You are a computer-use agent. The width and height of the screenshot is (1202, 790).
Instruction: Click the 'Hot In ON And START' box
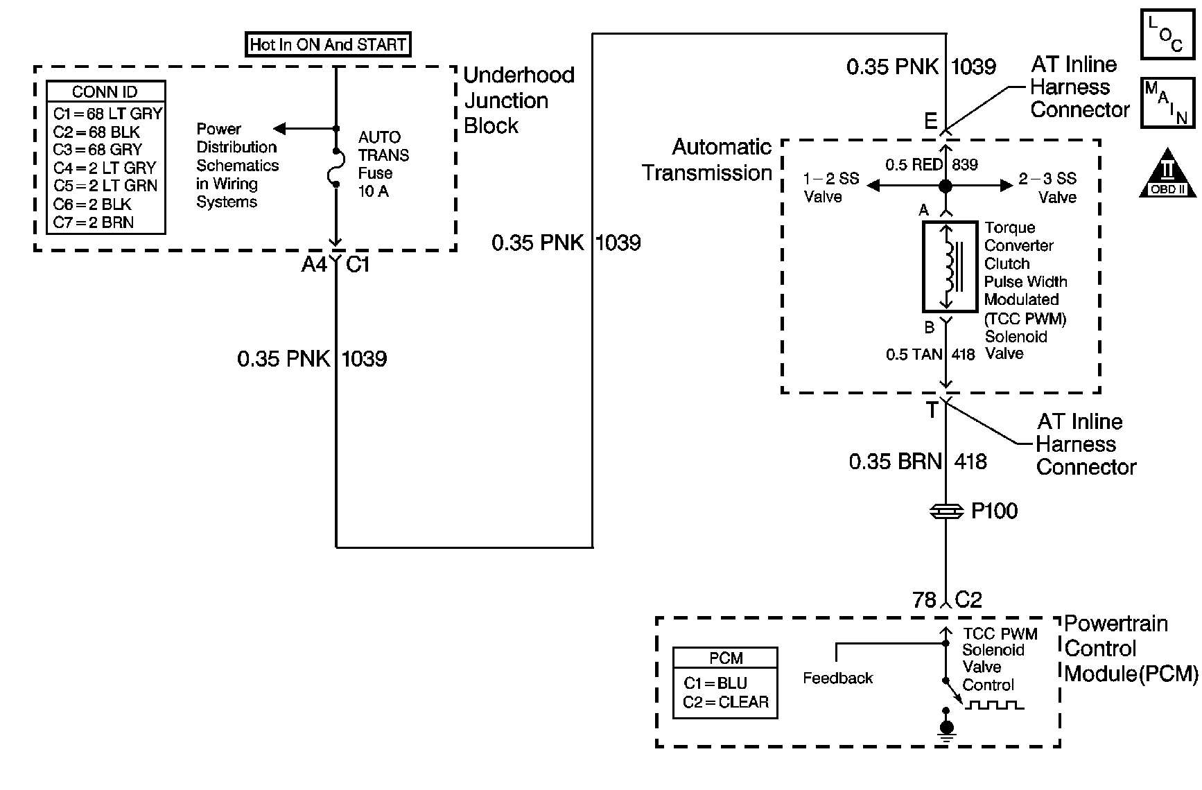tap(329, 45)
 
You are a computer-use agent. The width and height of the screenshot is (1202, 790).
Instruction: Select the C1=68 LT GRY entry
tap(107, 114)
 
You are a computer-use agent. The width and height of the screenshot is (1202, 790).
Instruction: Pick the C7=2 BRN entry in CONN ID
tap(94, 222)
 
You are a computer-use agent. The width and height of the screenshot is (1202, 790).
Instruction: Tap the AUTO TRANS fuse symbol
tap(336, 167)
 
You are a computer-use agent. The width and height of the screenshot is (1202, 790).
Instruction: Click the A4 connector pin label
tap(314, 265)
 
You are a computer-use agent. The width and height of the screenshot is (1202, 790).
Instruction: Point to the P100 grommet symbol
tap(946, 511)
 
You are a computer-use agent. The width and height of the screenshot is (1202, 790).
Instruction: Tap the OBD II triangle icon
tap(1167, 172)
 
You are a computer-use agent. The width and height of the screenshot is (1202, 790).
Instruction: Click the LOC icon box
tap(1167, 33)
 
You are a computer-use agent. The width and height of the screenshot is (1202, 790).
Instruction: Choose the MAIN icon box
tap(1167, 103)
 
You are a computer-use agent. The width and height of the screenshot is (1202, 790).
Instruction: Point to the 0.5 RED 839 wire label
tap(932, 165)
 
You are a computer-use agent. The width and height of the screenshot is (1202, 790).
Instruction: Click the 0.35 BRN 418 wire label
tap(918, 462)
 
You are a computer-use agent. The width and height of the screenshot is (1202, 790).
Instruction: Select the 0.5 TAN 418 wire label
tap(930, 355)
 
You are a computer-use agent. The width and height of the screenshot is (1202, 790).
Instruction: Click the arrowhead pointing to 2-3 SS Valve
tap(1007, 186)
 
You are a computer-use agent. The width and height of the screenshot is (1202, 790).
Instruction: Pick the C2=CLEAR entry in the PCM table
tap(726, 702)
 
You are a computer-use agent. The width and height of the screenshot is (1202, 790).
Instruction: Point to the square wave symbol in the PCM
tap(995, 705)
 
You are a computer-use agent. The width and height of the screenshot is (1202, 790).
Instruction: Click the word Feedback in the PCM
tap(837, 678)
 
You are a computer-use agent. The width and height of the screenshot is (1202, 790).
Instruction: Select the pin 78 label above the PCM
tap(925, 599)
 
